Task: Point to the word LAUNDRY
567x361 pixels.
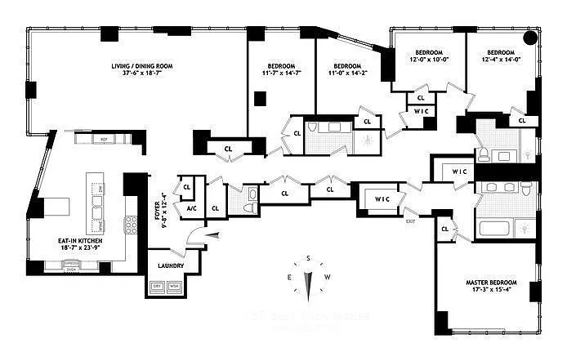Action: click(x=172, y=266)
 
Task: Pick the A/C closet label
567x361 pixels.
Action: click(x=191, y=207)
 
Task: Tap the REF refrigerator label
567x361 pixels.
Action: click(x=104, y=140)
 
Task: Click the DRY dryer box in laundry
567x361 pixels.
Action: click(x=156, y=286)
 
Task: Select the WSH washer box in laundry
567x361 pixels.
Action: click(x=174, y=286)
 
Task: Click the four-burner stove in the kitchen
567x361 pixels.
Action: click(x=130, y=223)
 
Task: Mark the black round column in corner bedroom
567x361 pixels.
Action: click(x=530, y=38)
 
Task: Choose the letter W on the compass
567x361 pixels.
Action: click(x=328, y=278)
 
